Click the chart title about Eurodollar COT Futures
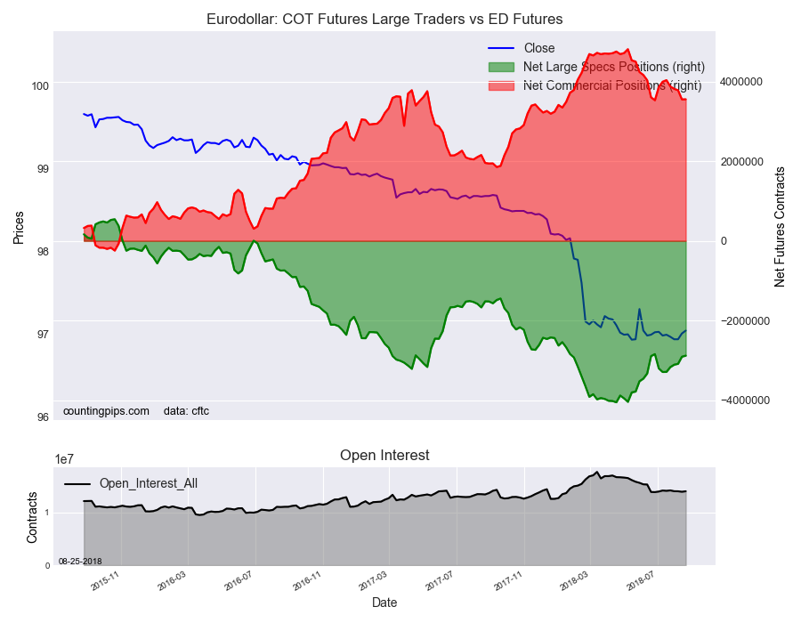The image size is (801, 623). [x=384, y=19]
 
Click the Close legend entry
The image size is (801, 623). [x=538, y=48]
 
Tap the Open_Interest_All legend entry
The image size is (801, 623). [x=148, y=483]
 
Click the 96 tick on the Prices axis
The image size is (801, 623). [x=43, y=417]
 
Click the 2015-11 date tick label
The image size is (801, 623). [x=105, y=583]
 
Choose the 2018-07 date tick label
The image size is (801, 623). [x=641, y=583]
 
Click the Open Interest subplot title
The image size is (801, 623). [x=384, y=455]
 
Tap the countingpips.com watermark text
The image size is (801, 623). [x=106, y=411]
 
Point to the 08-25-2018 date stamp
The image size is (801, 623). [x=80, y=561]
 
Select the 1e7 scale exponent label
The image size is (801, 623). [x=64, y=459]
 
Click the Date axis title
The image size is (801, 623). [x=384, y=603]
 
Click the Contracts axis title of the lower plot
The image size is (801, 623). [x=32, y=518]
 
